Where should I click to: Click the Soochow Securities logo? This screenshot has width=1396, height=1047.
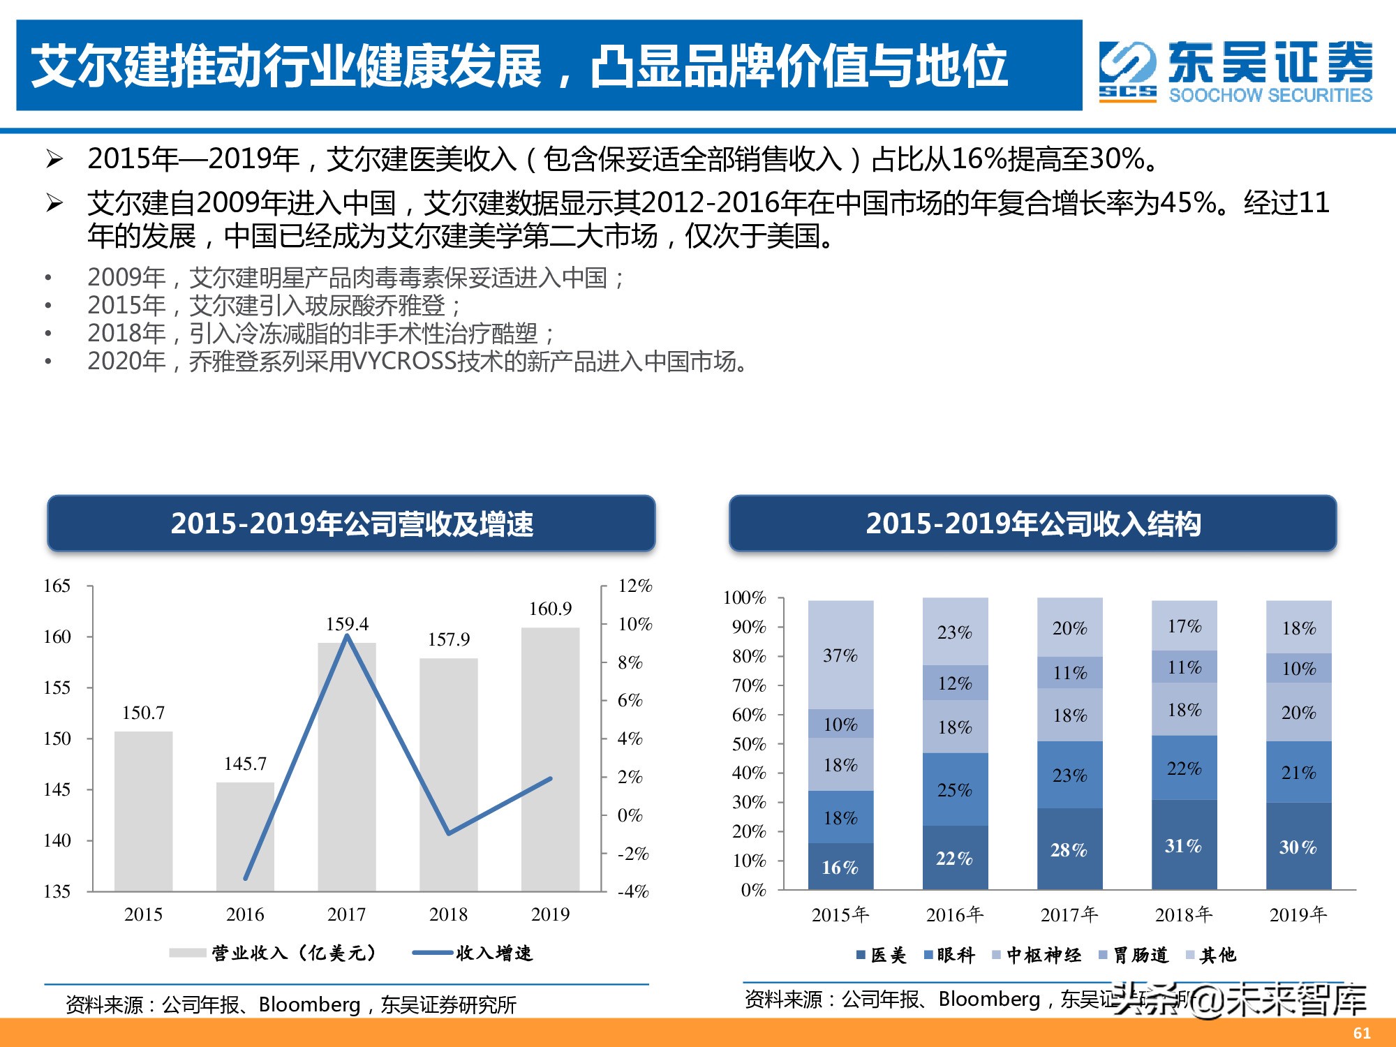1235,71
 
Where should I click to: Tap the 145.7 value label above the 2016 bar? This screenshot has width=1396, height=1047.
245,764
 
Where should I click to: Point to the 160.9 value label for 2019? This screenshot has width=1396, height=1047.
550,609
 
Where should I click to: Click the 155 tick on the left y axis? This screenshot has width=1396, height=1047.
57,688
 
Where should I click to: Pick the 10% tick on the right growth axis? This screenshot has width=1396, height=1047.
634,624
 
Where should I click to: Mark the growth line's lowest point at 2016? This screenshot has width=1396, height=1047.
246,878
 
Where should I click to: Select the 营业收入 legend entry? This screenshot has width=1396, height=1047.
293,953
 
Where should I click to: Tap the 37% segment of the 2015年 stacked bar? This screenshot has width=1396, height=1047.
840,655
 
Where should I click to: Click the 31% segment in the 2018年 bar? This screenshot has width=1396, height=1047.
1184,845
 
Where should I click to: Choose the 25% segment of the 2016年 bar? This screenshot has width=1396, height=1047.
955,789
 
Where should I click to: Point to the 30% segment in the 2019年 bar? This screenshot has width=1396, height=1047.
1298,847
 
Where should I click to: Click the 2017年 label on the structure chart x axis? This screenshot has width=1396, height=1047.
1069,914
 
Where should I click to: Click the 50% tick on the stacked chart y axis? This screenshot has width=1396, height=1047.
749,744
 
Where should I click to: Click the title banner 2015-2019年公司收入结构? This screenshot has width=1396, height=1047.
1032,523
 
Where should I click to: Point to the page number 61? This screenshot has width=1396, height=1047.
1362,1033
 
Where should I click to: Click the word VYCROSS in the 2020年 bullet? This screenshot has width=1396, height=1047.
404,362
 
